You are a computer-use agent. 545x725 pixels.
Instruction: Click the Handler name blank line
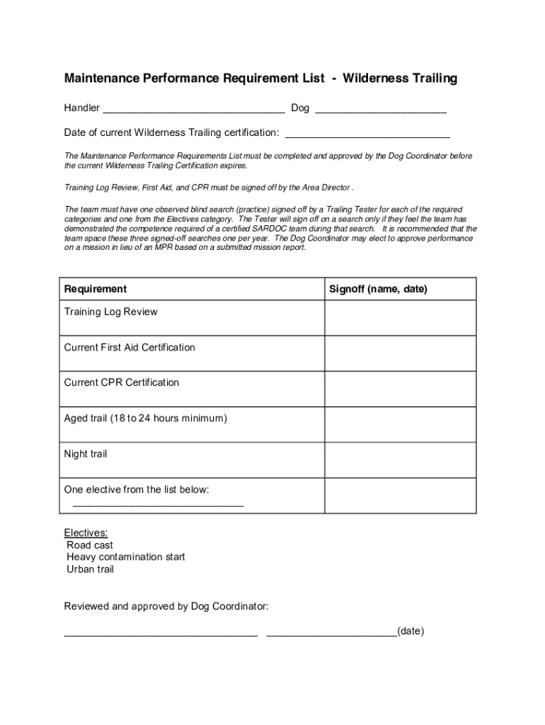pos(194,110)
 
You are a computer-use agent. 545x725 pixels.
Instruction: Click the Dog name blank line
pos(380,110)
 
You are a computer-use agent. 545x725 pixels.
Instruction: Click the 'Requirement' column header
pos(96,289)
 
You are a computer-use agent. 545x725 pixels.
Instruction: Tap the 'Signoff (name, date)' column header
pos(378,289)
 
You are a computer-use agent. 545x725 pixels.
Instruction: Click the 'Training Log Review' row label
pos(111,312)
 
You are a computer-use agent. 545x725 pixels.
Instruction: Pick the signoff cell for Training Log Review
pos(400,318)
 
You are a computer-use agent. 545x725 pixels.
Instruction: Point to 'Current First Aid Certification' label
pos(130,347)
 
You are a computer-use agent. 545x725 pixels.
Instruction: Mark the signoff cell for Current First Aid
pos(400,353)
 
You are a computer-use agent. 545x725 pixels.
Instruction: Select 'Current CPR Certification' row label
pos(122,382)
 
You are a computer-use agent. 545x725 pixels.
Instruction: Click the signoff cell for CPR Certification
pos(400,389)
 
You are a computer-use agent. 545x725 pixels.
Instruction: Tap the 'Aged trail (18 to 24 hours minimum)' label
pos(146,418)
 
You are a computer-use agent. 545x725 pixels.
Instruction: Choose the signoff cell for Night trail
pos(400,460)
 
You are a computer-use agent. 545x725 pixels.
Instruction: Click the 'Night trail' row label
pos(86,454)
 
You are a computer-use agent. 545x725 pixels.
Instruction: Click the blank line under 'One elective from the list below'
pos(158,505)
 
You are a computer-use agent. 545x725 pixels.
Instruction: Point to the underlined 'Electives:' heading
pos(86,532)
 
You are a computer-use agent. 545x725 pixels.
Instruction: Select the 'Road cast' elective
pos(90,545)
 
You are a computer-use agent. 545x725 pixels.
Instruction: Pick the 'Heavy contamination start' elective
pos(126,557)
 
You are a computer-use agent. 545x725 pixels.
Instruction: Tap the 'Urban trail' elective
pos(91,569)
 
